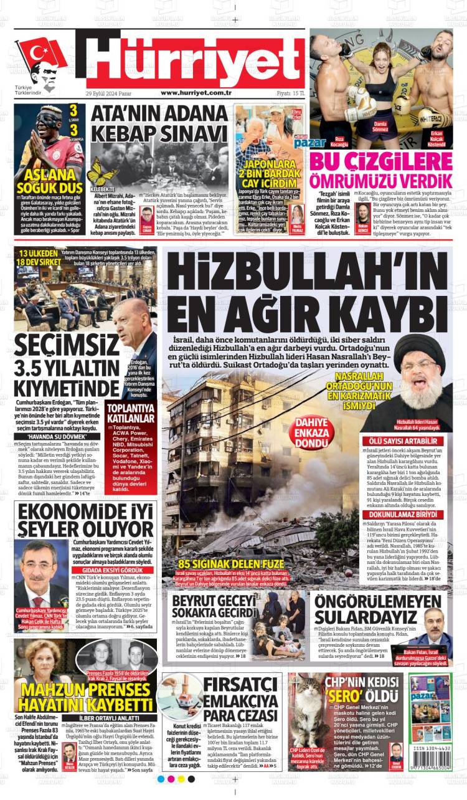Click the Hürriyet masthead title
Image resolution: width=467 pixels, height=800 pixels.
[195, 60]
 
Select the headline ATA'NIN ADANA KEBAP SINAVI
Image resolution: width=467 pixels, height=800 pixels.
[160, 125]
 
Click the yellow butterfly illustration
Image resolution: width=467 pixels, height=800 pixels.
[101, 171]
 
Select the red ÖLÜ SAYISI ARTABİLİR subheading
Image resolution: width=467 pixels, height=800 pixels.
[405, 441]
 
